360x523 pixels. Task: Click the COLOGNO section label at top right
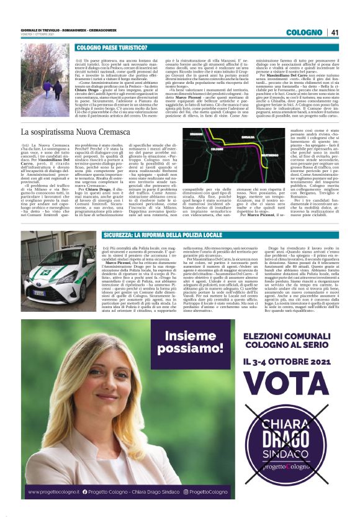[304, 32]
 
